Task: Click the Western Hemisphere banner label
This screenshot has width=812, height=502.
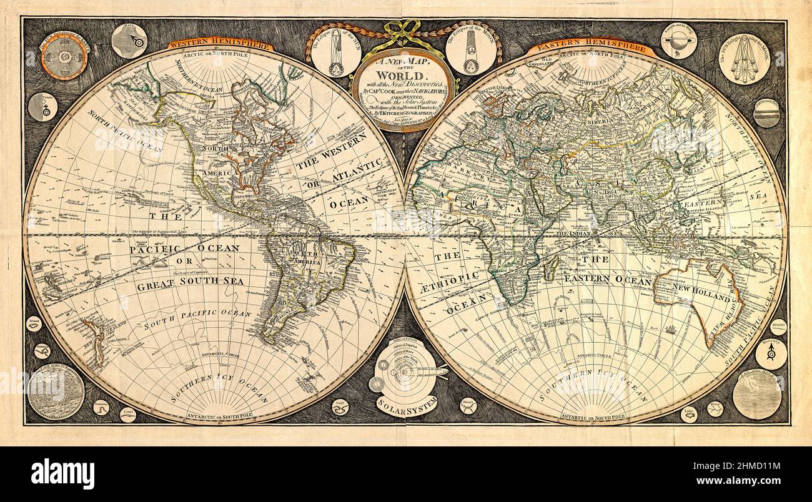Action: click(x=220, y=45)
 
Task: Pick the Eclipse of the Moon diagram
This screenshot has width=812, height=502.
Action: click(x=471, y=51)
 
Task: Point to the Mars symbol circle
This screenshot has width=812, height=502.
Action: click(x=129, y=41)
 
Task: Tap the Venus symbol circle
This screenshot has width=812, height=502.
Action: click(x=43, y=107)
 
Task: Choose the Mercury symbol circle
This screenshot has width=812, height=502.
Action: click(x=770, y=353)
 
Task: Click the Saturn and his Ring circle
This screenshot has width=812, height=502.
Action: click(x=678, y=41)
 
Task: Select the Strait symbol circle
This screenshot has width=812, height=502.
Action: click(x=467, y=406)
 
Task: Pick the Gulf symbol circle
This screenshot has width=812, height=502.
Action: click(x=340, y=406)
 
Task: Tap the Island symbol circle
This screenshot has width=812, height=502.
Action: click(x=34, y=323)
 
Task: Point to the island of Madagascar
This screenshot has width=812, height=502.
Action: click(x=550, y=269)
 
